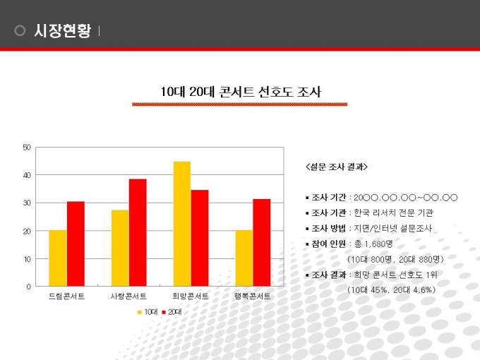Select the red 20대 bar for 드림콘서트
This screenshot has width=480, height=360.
click(76, 244)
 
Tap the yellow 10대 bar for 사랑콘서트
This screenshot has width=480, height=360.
click(120, 248)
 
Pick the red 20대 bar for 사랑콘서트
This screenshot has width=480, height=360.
click(138, 233)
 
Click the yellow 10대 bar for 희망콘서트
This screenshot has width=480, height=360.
click(182, 224)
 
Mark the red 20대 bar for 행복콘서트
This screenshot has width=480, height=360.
click(262, 243)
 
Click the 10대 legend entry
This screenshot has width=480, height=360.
click(148, 311)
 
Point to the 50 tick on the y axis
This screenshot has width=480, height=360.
click(27, 147)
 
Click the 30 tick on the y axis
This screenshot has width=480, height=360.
click(27, 203)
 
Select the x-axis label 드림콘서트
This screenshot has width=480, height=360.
click(66, 296)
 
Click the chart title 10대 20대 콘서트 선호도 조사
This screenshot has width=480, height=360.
click(240, 92)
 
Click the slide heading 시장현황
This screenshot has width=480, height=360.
click(62, 30)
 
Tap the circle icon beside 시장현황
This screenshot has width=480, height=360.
click(20, 30)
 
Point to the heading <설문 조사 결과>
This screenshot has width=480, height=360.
click(336, 167)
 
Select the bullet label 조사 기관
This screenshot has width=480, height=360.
click(328, 212)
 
